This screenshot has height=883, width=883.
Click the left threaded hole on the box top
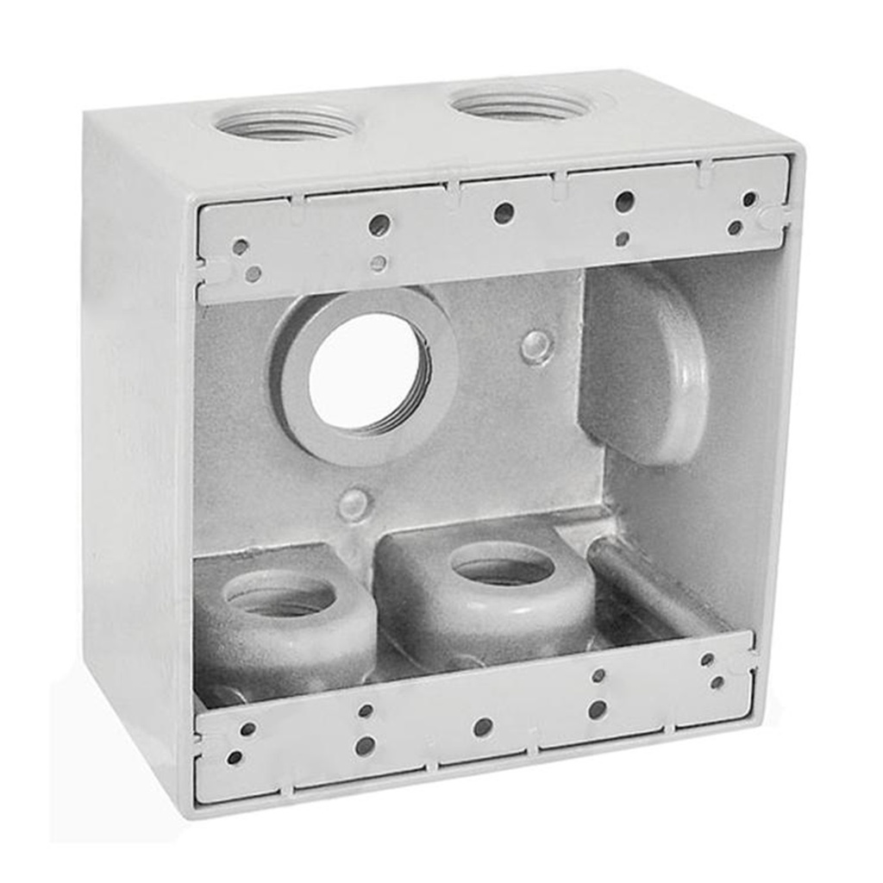pyautogui.click(x=285, y=122)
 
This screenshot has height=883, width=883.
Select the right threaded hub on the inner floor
pyautogui.click(x=503, y=567)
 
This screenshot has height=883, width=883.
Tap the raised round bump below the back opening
pyautogui.click(x=354, y=504)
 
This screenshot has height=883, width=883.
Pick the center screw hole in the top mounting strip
pyautogui.click(x=504, y=213)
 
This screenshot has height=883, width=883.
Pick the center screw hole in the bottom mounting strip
pyautogui.click(x=483, y=727)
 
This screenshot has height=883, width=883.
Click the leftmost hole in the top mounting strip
pyautogui.click(x=241, y=247)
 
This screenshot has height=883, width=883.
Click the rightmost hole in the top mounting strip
pyautogui.click(x=748, y=199)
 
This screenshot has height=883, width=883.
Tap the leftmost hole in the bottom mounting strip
pyautogui.click(x=235, y=758)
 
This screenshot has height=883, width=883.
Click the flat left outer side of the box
pyautogui.click(x=138, y=448)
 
